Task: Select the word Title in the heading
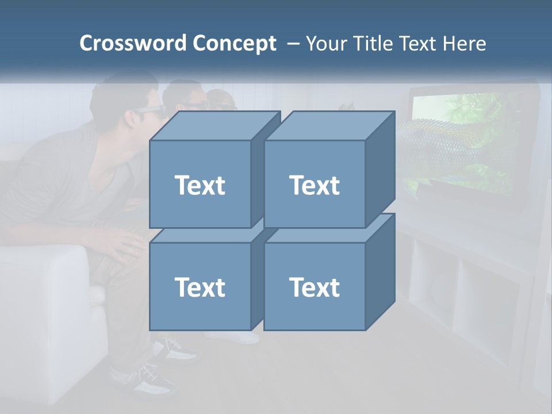click(x=370, y=43)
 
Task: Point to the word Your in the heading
click(x=325, y=43)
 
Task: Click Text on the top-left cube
click(x=200, y=185)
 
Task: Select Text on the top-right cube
click(x=314, y=185)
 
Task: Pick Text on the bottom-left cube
click(x=200, y=287)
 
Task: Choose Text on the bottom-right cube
click(x=314, y=287)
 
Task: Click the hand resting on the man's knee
click(x=124, y=244)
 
